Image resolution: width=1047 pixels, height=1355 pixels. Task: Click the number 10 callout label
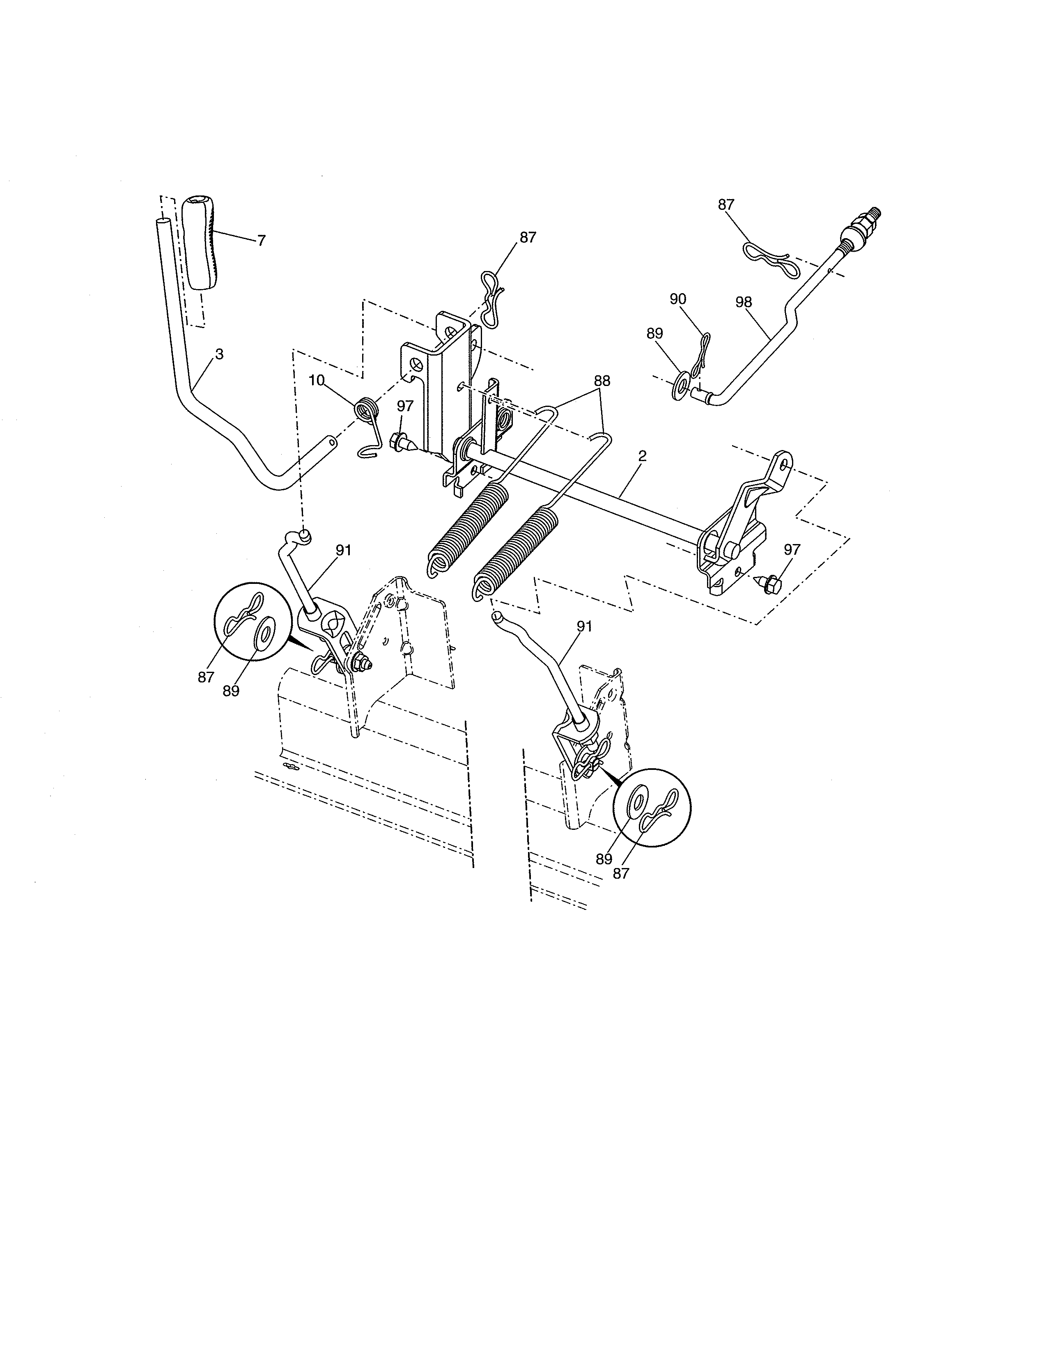(x=316, y=380)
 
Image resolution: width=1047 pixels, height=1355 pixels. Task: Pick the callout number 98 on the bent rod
(x=743, y=302)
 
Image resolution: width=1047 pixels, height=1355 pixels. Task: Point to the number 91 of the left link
(x=344, y=550)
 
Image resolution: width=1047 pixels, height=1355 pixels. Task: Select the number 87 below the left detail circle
(x=206, y=678)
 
